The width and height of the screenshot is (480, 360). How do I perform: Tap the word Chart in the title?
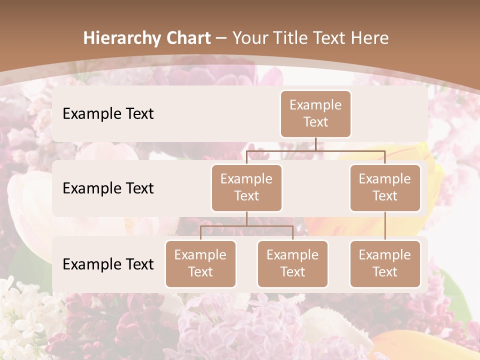tap(186, 38)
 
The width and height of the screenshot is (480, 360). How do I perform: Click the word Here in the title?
tap(369, 38)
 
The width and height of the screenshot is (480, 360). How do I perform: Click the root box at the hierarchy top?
tap(315, 113)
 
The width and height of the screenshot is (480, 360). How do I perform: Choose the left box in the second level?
tap(246, 187)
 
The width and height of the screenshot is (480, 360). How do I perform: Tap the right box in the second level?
tap(385, 187)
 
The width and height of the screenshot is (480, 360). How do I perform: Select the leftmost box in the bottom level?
tap(200, 263)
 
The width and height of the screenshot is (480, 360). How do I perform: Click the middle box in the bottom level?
tap(292, 263)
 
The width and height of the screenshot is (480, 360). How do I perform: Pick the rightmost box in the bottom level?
tap(385, 263)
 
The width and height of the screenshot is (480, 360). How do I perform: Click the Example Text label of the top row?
tap(108, 114)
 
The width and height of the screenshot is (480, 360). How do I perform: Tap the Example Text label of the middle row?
tap(108, 188)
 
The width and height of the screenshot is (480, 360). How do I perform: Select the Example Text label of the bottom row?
tap(108, 264)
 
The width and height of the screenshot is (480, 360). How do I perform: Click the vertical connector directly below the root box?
tap(315, 144)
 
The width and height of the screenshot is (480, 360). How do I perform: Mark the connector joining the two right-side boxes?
tap(385, 226)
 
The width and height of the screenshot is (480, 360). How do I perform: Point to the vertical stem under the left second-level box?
tap(246, 219)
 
